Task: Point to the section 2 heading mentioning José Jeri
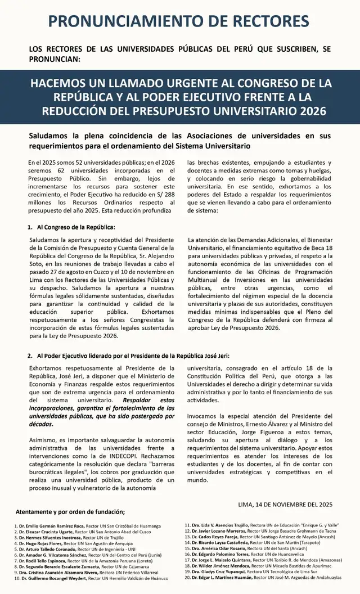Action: [x=128, y=356]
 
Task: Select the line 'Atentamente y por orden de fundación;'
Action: [x=70, y=512]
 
